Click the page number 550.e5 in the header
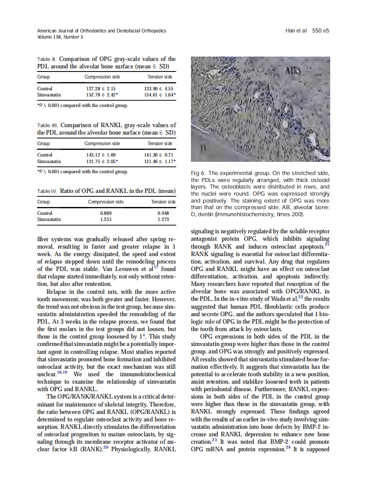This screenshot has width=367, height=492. [x=321, y=31]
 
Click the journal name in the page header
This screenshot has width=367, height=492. [x=102, y=31]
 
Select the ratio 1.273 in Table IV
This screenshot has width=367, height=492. [x=163, y=219]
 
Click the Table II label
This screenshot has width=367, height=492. [x=46, y=59]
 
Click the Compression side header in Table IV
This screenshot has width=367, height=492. [x=106, y=202]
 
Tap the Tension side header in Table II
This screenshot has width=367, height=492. [x=160, y=77]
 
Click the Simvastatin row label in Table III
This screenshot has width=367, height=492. [x=49, y=161]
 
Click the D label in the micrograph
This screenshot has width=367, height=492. [x=203, y=149]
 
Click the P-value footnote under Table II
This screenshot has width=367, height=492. [x=82, y=105]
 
